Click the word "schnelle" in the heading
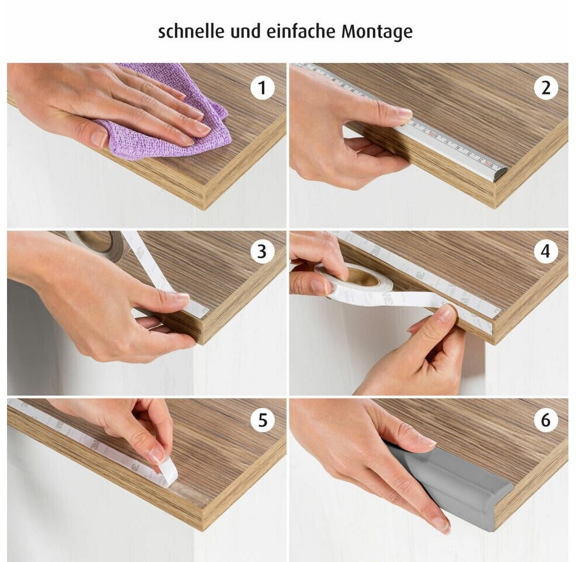[191, 31]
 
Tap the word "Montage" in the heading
[377, 32]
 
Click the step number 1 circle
[262, 88]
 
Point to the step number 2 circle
[546, 88]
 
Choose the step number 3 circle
[262, 252]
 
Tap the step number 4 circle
[546, 252]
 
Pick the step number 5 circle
[262, 420]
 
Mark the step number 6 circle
[546, 420]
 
